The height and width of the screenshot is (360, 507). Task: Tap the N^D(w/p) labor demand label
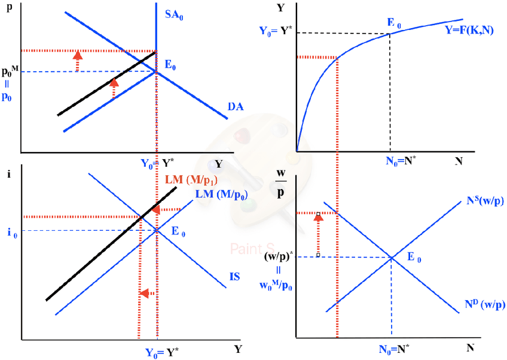[x=484, y=306]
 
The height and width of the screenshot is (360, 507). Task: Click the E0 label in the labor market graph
[x=414, y=259]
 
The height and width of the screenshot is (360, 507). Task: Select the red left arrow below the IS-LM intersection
[x=146, y=293]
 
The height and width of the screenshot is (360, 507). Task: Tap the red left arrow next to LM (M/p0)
[x=157, y=209]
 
